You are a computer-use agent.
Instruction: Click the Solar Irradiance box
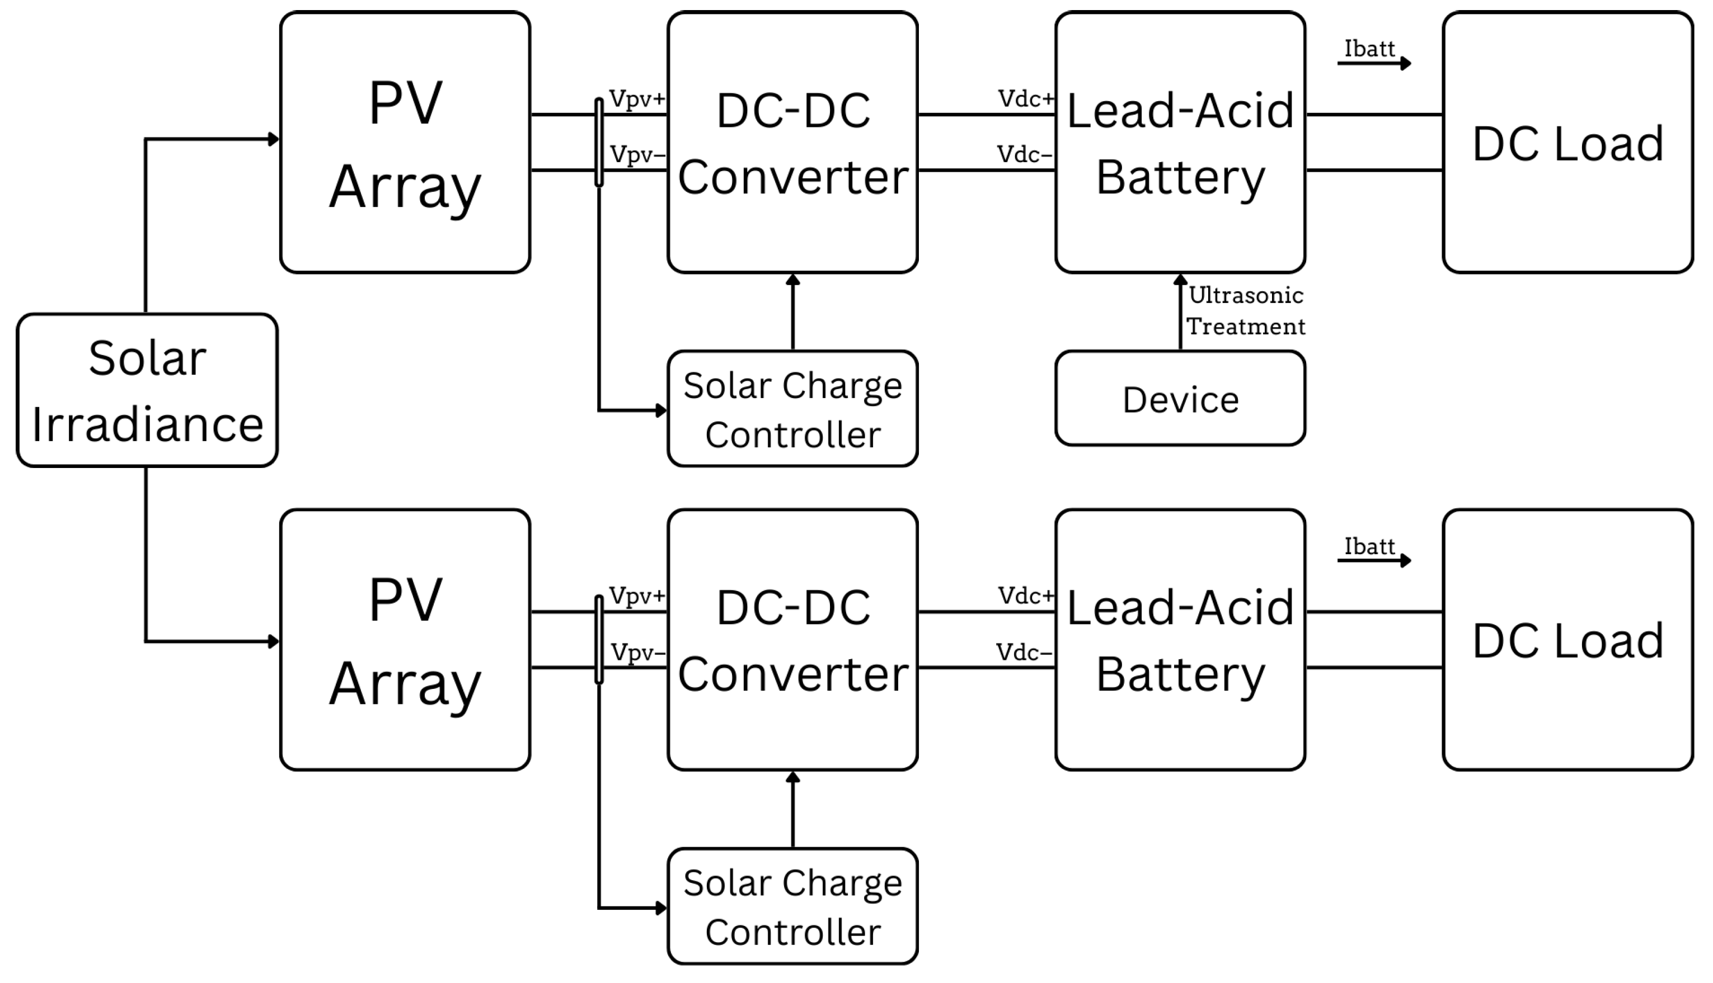(147, 390)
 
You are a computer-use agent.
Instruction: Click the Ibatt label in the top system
(1369, 49)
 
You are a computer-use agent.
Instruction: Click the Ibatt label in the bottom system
(1369, 546)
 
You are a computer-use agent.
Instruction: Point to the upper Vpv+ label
(636, 99)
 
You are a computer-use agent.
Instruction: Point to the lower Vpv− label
(637, 652)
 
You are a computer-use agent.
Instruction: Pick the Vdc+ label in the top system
(1025, 99)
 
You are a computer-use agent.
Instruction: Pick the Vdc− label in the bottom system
(1024, 652)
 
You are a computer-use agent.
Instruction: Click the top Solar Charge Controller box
(792, 408)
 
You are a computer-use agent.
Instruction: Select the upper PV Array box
(405, 142)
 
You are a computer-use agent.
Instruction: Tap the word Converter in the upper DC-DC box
(792, 178)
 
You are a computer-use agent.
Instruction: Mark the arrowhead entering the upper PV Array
(274, 140)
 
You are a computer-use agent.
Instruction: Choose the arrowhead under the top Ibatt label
(1406, 63)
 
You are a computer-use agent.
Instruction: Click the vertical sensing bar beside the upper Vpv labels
(598, 142)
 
